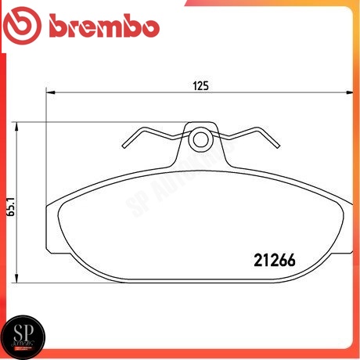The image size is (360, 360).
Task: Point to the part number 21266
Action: point(280,258)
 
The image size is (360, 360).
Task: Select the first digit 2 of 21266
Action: point(261,258)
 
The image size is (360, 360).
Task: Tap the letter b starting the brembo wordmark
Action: point(59,27)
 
